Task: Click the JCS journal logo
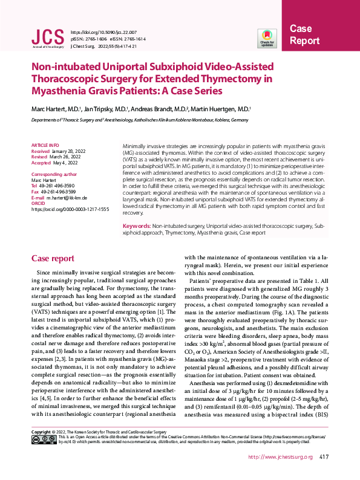(x=47, y=38)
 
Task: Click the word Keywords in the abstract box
(x=140, y=225)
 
